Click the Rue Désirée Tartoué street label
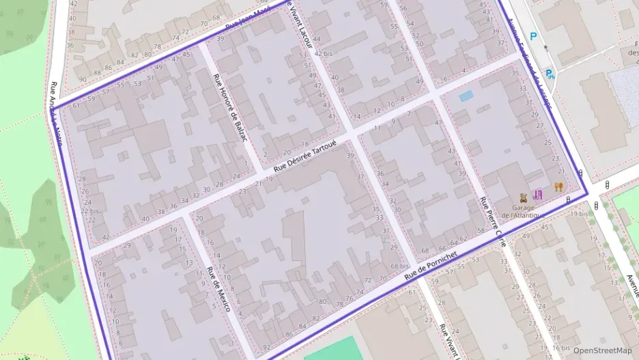pos(305,158)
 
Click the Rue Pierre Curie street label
pos(493,223)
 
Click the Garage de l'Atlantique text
pos(524,211)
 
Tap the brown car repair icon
pos(524,197)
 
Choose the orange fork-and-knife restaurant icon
pos(558,186)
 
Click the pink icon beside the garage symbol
pos(538,195)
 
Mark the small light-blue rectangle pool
pos(466,97)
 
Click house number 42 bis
pos(324,53)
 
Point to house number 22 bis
pos(89,211)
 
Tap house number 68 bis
pos(399,266)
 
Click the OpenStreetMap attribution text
pos(602,350)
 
